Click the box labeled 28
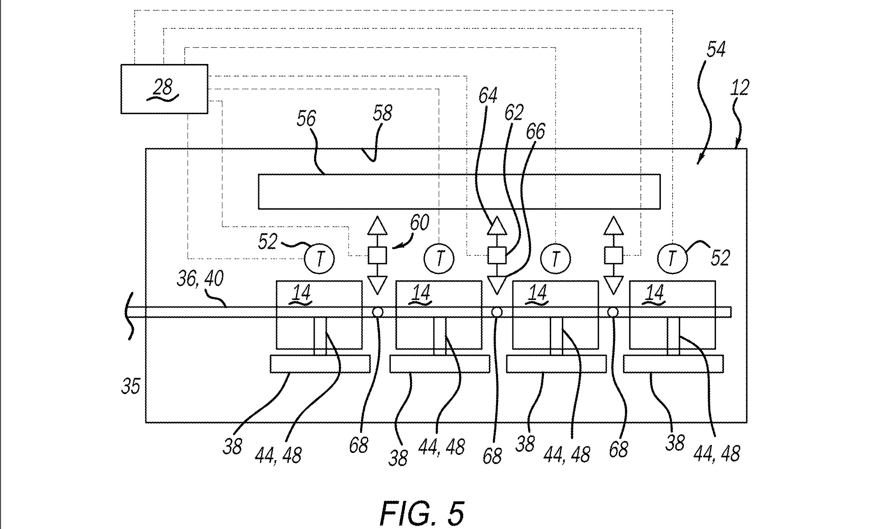tap(164, 89)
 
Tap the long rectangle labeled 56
tap(459, 191)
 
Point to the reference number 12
tap(739, 88)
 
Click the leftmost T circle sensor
tap(320, 259)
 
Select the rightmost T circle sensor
tap(672, 258)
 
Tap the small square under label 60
tap(377, 255)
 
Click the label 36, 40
tap(200, 279)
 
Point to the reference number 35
tap(130, 387)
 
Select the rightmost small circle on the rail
tap(613, 312)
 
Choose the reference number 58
tap(382, 114)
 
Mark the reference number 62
tap(513, 113)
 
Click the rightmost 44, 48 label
tap(716, 453)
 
